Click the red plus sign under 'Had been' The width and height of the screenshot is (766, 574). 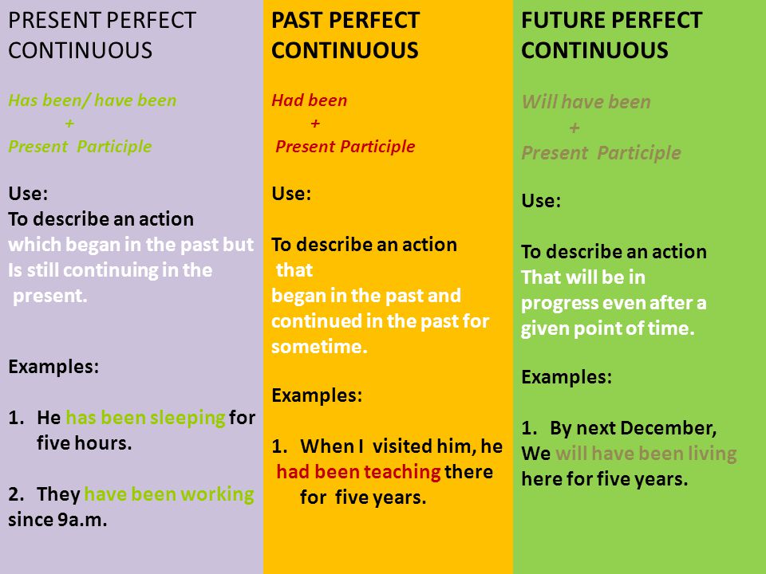tap(315, 123)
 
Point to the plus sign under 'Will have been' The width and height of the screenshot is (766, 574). tap(574, 128)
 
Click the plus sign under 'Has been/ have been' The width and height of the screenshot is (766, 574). tap(69, 123)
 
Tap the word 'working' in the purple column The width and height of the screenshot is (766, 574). tap(217, 494)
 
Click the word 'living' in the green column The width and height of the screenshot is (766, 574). tap(713, 454)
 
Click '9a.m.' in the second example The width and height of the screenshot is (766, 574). tap(82, 520)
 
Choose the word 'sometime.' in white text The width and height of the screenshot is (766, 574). tap(319, 347)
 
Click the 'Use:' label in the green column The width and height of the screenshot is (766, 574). tap(541, 201)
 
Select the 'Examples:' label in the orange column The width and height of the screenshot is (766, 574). tap(317, 395)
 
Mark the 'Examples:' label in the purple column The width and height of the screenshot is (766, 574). tap(53, 367)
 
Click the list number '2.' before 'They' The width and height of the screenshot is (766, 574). tap(17, 494)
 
